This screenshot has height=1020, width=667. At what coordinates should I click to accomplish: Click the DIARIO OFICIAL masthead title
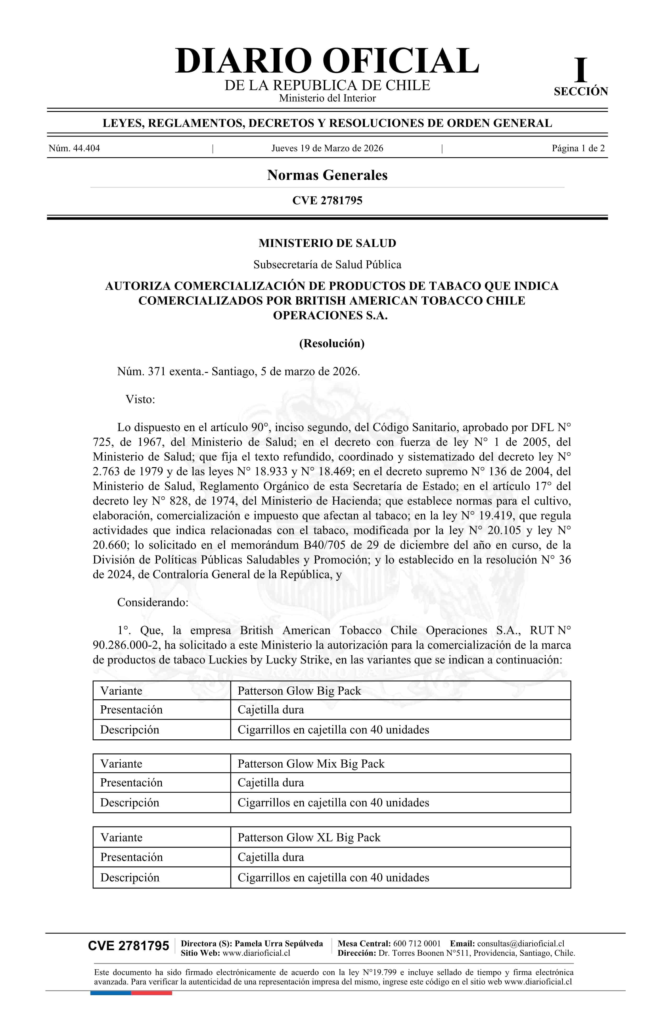pos(327,61)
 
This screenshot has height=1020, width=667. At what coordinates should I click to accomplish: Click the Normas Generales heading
pos(327,175)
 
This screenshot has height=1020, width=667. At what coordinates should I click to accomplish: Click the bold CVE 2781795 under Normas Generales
pos(327,201)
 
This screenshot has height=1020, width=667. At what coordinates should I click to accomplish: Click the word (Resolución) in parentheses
pos(331,343)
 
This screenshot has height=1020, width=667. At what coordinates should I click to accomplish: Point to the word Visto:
pos(140,399)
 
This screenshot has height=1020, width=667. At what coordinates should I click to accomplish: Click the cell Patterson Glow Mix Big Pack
pos(311,764)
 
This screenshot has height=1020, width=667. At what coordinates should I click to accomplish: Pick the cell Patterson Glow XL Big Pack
pos(309,837)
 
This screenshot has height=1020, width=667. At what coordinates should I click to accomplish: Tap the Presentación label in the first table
pos(131,710)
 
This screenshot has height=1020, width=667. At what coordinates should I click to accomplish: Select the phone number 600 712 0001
pos(417,943)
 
